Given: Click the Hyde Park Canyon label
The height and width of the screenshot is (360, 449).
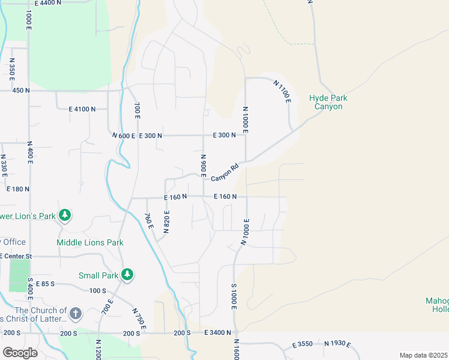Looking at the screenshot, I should click(328, 102).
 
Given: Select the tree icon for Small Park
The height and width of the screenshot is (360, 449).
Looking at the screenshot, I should click(127, 275).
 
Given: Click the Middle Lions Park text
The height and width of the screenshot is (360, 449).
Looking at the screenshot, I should click(90, 242).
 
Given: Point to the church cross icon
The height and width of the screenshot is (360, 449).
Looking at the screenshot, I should click(75, 313).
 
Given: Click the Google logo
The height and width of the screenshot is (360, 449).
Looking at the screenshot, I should click(20, 352).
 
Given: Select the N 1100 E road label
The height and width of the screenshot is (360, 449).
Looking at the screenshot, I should click(282, 92).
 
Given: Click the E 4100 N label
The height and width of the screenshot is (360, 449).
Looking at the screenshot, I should click(82, 109).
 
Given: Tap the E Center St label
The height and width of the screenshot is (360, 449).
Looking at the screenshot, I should click(17, 256).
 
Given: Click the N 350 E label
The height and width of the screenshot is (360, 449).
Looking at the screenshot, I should click(12, 70).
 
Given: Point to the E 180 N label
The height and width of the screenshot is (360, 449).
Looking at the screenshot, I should click(17, 188).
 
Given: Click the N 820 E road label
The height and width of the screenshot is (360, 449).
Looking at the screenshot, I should click(167, 222).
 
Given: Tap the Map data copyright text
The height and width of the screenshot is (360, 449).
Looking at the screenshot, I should click(423, 355).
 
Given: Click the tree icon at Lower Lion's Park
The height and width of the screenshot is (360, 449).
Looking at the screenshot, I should click(64, 215).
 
